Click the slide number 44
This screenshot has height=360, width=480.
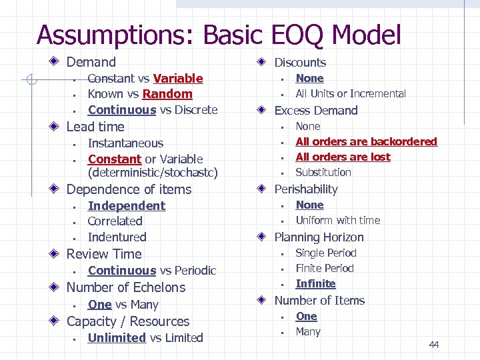tap(434, 345)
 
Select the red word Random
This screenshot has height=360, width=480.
tap(167, 94)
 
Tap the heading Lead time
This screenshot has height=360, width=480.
tap(95, 127)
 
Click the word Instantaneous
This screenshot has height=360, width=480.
tap(125, 143)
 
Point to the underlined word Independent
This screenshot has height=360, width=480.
tap(127, 206)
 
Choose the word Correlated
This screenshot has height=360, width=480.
tap(115, 221)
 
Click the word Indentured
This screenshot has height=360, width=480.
tap(117, 237)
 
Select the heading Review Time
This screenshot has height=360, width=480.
tap(104, 254)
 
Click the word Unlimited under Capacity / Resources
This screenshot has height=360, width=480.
tap(117, 338)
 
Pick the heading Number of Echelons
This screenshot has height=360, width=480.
tap(126, 288)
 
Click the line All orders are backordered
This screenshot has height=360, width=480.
tap(366, 141)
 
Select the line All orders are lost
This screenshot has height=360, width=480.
tap(343, 157)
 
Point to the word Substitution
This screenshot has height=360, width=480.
tap(323, 172)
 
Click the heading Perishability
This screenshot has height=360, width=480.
tap(306, 189)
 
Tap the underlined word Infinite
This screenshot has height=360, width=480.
tap(315, 283)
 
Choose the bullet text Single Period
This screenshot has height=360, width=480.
tap(326, 253)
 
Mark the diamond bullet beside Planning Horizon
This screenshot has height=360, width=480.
tap(263, 237)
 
